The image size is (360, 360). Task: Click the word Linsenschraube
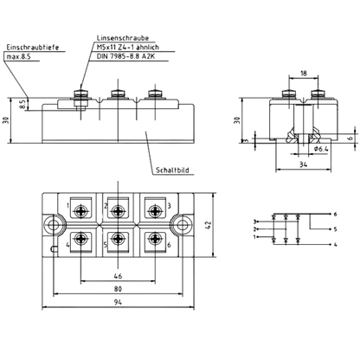pos(123,38)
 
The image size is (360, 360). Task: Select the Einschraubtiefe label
pos(33,48)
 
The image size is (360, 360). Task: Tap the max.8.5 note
pos(18,57)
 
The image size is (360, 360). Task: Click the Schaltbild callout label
pos(172,170)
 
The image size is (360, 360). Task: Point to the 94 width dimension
pos(118,302)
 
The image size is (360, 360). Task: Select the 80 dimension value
pos(118,289)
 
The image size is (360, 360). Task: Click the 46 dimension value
pos(118,276)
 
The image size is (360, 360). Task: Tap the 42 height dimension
pos(209,225)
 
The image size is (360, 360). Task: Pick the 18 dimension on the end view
pos(304,74)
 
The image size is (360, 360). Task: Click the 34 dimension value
pos(303,164)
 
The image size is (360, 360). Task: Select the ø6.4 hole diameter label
pos(320,149)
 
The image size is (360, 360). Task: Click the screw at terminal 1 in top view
pos(80,211)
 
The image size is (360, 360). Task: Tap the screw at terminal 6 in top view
pos(156,238)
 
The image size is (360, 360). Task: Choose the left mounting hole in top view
pos(53,225)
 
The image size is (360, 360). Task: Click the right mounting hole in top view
pos(183,225)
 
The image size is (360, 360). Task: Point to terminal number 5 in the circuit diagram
pos(335,229)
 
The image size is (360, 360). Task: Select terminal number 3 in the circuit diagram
pos(254,222)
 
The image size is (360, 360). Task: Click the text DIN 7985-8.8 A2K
pos(125,56)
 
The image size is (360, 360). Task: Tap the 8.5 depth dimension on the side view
pos(22,104)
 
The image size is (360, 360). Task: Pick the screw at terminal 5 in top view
pos(118,238)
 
